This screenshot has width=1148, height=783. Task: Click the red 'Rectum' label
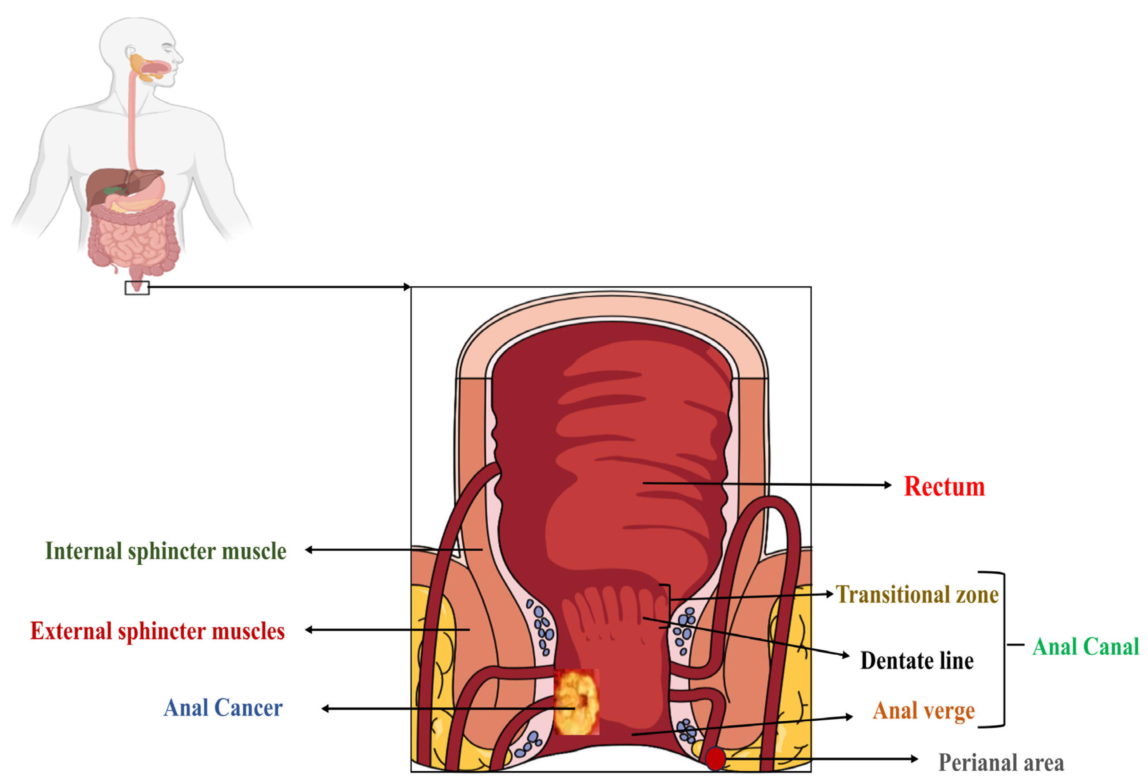coord(944,487)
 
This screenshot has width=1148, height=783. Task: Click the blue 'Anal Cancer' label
coord(223,708)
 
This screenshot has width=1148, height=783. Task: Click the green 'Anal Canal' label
coord(1085,647)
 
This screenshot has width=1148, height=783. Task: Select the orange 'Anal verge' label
coord(924,711)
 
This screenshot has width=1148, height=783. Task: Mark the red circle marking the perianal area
coord(715,758)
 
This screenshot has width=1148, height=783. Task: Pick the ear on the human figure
coord(130,52)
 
